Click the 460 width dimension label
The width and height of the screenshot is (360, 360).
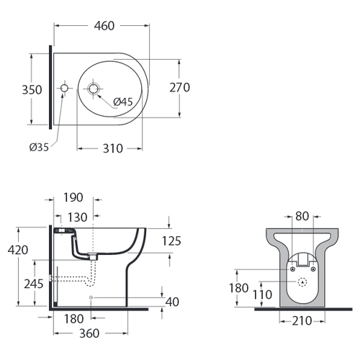104,26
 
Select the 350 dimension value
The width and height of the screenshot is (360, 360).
32,90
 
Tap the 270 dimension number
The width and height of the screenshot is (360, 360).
180,88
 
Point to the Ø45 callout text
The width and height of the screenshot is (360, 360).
123,102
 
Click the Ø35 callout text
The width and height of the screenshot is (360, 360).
39,147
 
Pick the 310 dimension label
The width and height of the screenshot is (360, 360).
113,148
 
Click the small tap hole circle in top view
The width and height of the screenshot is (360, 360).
64,89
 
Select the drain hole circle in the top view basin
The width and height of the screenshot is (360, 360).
93,89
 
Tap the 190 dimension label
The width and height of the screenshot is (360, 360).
73,197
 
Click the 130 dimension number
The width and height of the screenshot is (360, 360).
77,217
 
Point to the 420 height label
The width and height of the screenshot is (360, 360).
18,250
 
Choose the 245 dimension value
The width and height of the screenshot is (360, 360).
34,284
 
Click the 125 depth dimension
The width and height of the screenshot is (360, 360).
171,241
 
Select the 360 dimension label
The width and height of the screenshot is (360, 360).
89,333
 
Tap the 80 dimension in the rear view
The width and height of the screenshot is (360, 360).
302,216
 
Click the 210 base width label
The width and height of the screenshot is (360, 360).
302,321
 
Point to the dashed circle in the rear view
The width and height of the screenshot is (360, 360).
302,282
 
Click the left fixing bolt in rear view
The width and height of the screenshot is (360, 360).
292,269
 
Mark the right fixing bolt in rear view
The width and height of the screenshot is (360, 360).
313,269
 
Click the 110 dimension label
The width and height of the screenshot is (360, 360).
262,294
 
